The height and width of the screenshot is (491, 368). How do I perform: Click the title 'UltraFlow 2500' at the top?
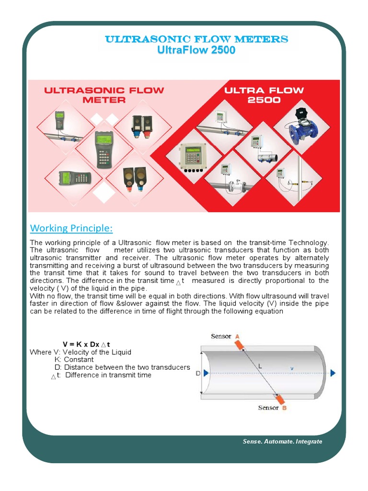pos(196,50)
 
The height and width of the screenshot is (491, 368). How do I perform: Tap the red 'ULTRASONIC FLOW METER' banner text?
pos(104,95)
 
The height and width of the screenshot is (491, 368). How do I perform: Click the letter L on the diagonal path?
pos(260,366)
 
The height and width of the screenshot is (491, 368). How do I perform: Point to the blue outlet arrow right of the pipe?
pos(333,373)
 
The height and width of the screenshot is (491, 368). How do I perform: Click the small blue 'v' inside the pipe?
pos(291,368)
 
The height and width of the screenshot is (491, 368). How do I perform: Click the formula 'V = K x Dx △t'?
pos(87,344)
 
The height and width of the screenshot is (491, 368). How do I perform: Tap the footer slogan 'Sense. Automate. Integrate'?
pos(282,441)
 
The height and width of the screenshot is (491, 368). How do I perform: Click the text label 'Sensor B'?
pos(272,408)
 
